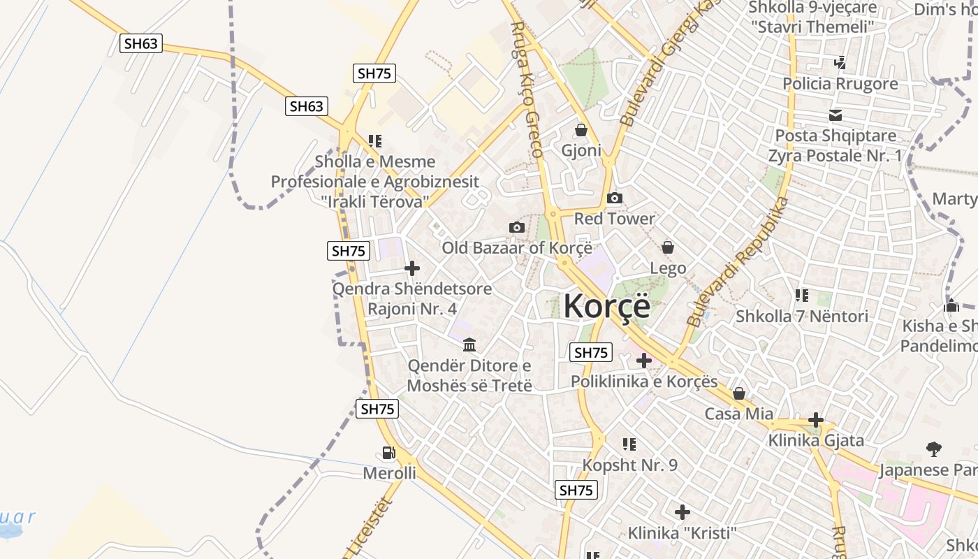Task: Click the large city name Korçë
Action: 606,306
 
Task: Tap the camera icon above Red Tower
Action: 615,198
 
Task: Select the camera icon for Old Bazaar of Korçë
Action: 517,227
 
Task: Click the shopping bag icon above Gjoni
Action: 581,130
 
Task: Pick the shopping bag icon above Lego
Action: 668,247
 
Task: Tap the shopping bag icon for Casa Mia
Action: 739,394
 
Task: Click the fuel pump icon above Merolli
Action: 389,453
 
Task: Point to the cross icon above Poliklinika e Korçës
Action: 644,361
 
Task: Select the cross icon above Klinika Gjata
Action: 816,420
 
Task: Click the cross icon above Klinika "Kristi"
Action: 683,512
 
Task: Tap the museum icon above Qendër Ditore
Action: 469,345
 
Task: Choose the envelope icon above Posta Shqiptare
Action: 835,115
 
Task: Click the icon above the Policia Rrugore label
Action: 840,63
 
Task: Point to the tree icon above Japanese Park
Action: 933,449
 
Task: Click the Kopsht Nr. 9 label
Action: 630,465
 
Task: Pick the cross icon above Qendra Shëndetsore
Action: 412,268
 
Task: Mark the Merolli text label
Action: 389,474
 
